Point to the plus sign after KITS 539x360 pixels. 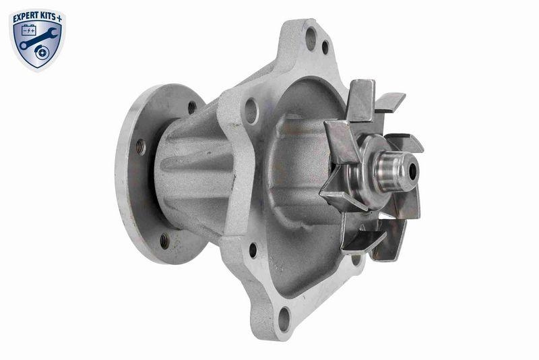click(63, 14)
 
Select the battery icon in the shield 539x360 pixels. click(29, 31)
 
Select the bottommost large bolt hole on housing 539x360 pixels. click(284, 316)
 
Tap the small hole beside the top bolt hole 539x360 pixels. click(325, 48)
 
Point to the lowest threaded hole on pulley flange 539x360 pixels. click(164, 239)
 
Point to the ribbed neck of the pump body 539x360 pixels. click(195, 172)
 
